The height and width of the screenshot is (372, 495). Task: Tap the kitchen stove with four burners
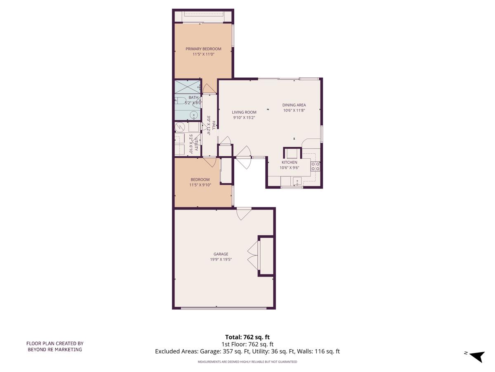pos(315,166)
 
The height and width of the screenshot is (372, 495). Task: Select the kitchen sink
pos(297,181)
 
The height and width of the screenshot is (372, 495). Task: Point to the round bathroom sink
pos(193,115)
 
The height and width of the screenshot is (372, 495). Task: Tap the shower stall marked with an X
pos(186,87)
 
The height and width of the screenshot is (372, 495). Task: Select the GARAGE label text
pos(221,254)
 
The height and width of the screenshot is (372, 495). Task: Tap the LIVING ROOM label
pos(244,112)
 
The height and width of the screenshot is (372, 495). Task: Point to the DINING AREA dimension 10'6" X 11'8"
pos(294,110)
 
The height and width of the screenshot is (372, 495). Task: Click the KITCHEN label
pos(289,162)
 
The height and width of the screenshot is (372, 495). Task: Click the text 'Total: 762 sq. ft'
pos(247,337)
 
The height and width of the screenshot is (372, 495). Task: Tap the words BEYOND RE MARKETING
pos(55,349)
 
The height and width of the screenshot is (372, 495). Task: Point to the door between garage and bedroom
pos(243,213)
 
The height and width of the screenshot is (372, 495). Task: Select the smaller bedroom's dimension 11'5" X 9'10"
pos(200,185)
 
